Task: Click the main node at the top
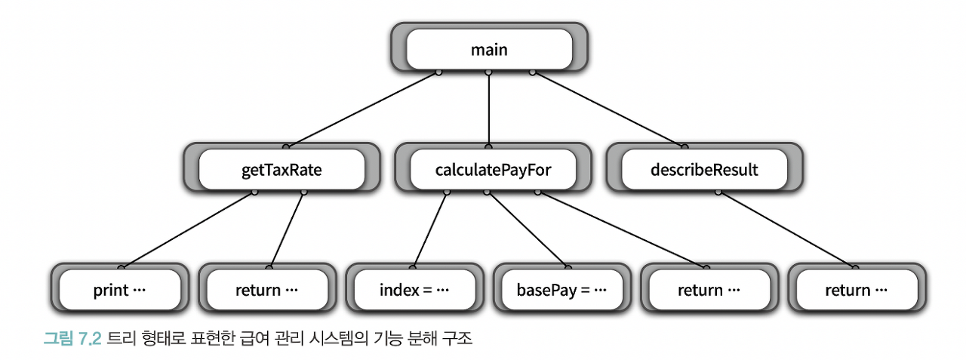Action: click(x=489, y=51)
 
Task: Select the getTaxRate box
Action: click(x=281, y=170)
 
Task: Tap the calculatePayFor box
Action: click(x=493, y=170)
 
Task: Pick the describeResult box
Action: click(x=704, y=170)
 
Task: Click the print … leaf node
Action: click(x=119, y=290)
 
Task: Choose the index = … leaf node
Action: click(x=414, y=290)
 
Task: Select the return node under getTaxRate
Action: click(x=266, y=290)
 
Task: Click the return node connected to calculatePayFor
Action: click(x=709, y=290)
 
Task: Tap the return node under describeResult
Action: click(x=857, y=290)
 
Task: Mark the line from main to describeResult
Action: click(x=608, y=107)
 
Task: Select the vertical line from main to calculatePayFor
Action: click(x=489, y=109)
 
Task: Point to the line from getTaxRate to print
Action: click(x=187, y=229)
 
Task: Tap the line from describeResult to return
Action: click(x=789, y=229)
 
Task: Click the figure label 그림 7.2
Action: click(x=72, y=339)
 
